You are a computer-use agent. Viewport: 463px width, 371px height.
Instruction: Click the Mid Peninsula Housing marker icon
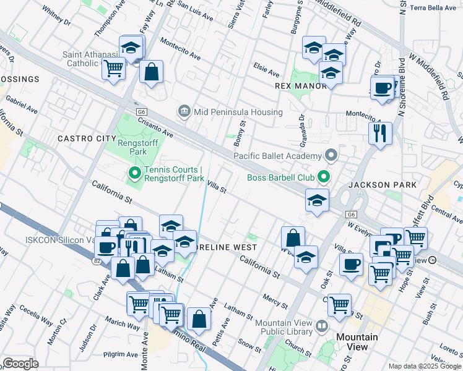point(184,112)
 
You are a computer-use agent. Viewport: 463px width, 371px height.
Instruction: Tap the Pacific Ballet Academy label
point(278,156)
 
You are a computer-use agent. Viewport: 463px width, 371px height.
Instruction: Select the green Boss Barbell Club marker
point(324,178)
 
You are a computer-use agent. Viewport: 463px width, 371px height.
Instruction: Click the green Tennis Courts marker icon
point(133,174)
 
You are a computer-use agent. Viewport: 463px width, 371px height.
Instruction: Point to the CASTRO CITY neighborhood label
point(87,139)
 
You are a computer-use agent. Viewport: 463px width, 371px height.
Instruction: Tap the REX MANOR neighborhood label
point(300,86)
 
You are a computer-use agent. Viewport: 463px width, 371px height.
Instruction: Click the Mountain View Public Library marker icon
point(321,326)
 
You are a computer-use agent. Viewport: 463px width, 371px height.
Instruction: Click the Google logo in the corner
point(20,363)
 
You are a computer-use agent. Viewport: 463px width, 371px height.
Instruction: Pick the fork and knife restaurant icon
point(380,132)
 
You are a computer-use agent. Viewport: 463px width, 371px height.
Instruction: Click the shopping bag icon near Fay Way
point(151,72)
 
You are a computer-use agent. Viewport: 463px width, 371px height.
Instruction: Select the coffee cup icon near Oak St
point(351,264)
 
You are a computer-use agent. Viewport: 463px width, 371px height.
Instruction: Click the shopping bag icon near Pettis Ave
point(199,319)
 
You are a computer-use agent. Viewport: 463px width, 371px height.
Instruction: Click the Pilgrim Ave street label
point(120,355)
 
